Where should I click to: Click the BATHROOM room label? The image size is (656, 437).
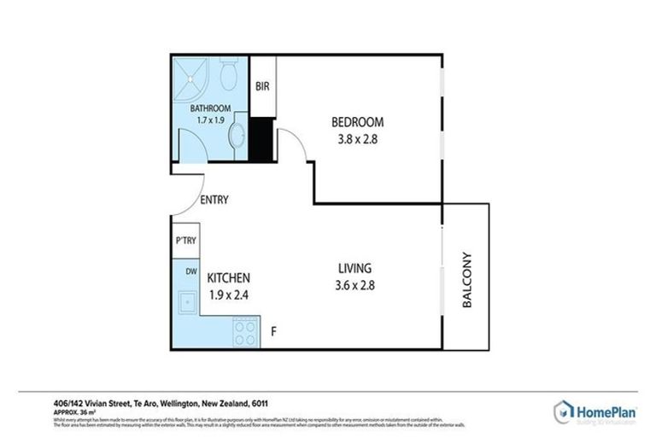click(210, 108)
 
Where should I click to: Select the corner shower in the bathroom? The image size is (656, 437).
click(191, 78)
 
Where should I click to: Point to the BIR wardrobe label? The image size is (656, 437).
click(262, 86)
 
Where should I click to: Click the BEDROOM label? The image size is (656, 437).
click(357, 122)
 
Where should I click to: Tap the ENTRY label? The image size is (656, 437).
click(213, 201)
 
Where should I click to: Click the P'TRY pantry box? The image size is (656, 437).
click(184, 242)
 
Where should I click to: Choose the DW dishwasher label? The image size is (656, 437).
click(184, 271)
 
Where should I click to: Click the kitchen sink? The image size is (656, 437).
click(184, 301)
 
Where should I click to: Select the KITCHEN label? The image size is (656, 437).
click(229, 278)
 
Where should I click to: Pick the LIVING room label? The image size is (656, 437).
click(353, 268)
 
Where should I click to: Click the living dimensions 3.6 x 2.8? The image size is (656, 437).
click(353, 286)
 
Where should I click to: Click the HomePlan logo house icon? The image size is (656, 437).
click(564, 410)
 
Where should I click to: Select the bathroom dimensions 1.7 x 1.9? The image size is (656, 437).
click(210, 120)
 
